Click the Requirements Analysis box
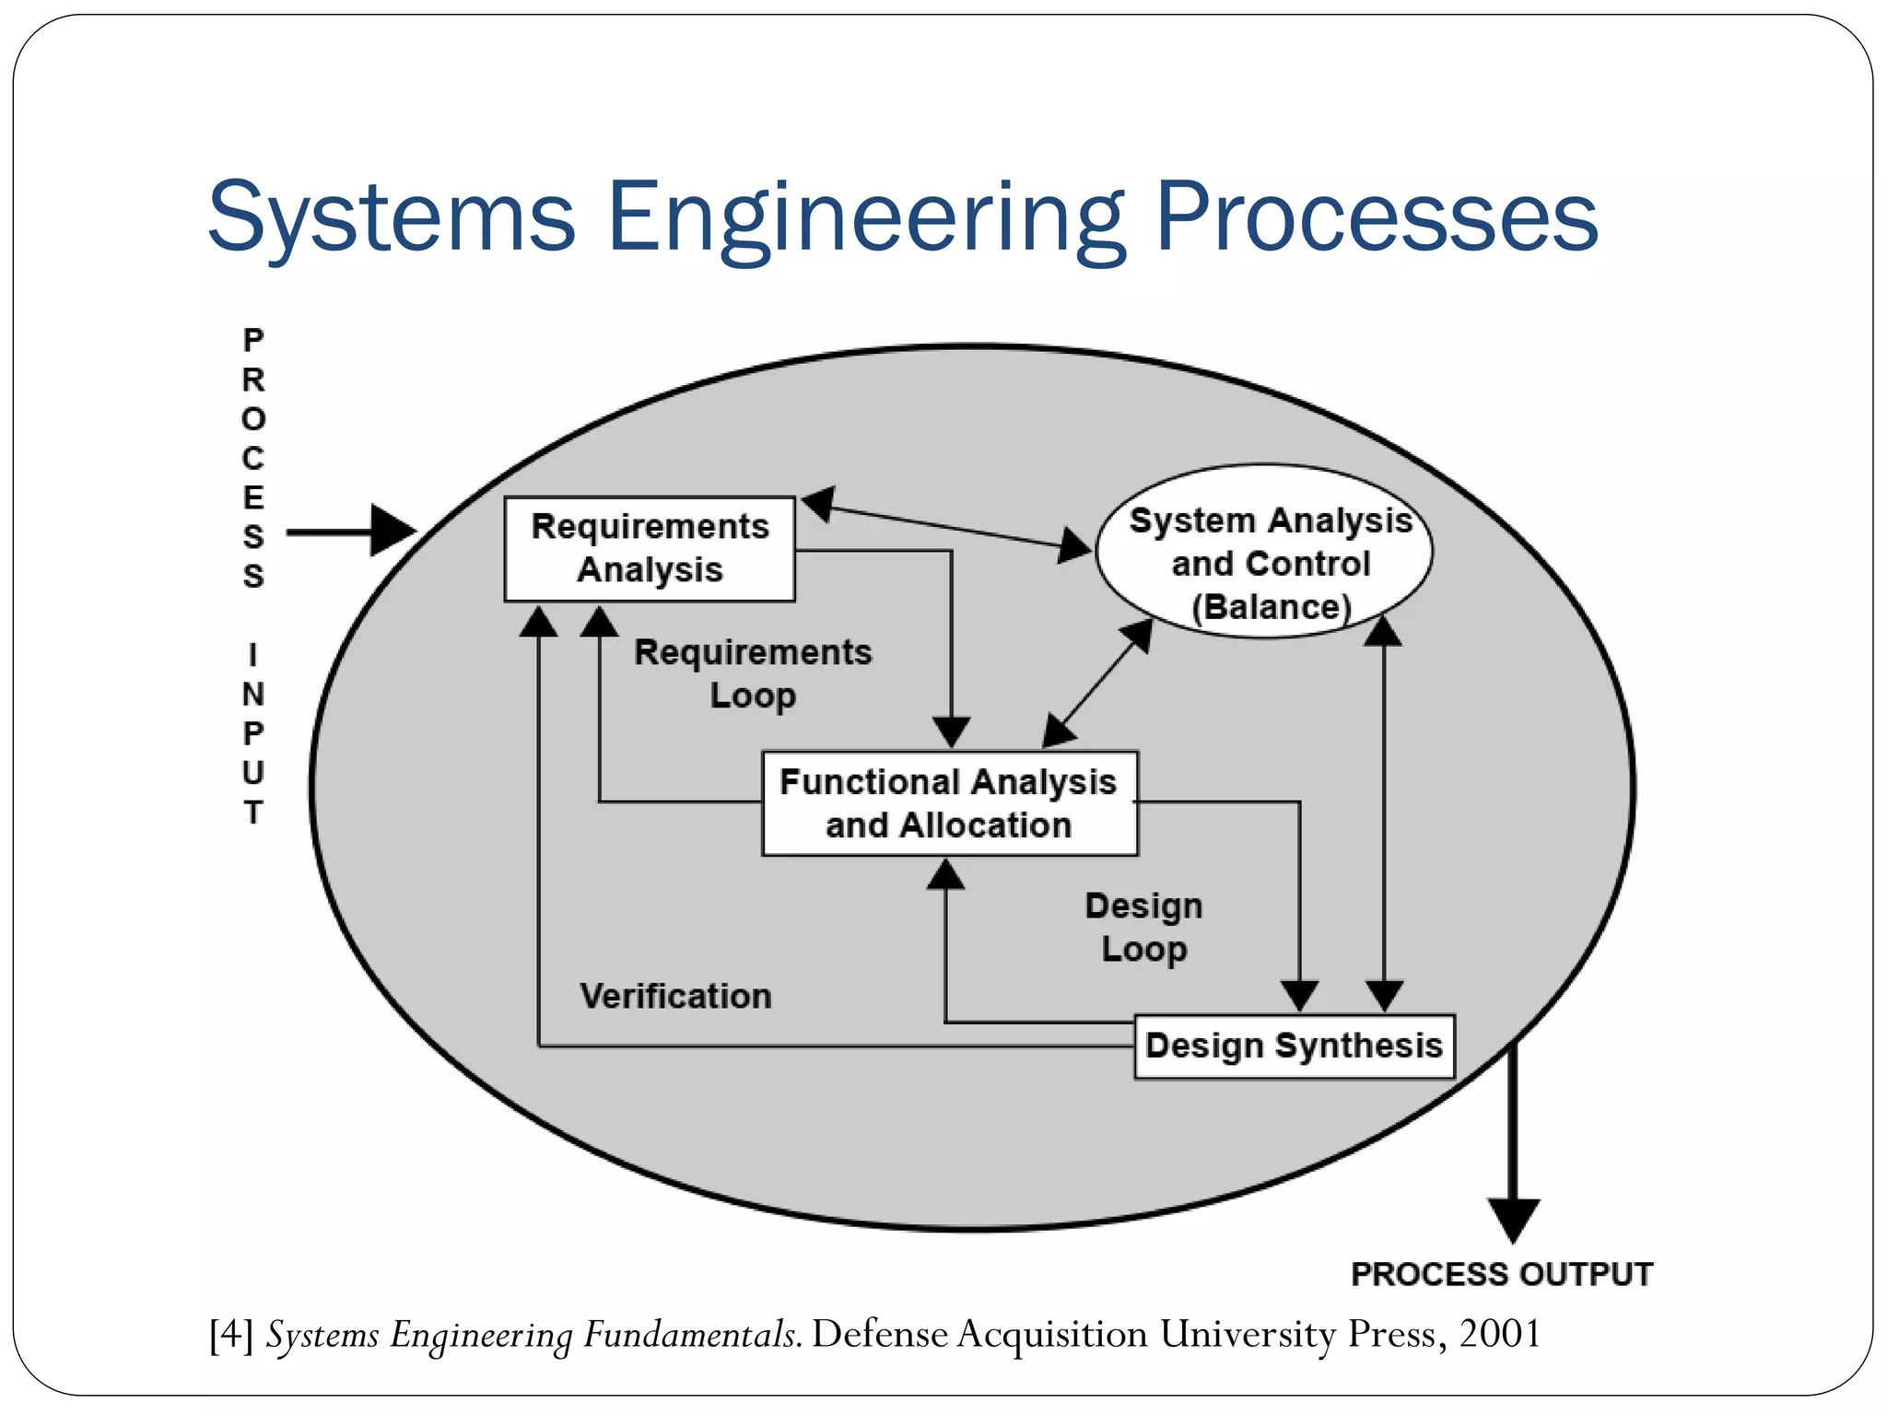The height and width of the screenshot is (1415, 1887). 650,549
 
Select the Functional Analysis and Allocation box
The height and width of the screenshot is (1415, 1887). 949,803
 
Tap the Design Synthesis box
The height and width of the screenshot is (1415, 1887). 1294,1047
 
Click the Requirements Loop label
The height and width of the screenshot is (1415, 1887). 753,673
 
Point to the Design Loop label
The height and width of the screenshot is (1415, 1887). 1143,928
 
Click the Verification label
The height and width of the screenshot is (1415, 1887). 675,996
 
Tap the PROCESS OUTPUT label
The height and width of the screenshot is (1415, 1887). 1501,1274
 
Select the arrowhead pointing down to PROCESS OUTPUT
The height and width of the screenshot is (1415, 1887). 1513,1218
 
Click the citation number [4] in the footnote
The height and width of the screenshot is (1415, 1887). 231,1334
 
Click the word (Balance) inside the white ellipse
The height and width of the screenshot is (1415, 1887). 1272,607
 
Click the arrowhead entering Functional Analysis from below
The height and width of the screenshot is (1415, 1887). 945,875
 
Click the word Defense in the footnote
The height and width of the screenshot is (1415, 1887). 879,1334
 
